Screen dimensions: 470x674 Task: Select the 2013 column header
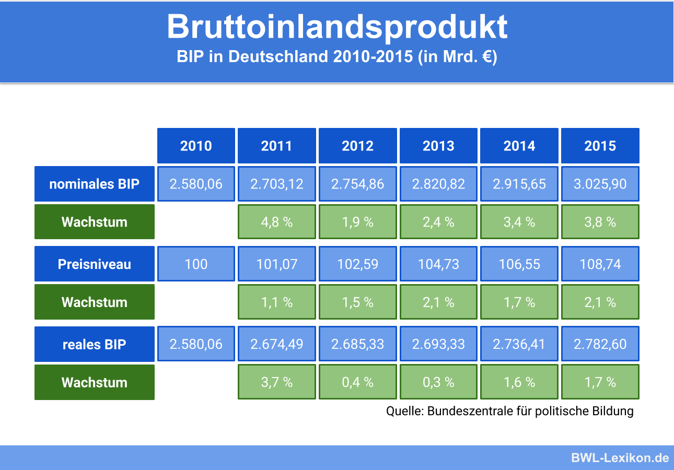coord(438,146)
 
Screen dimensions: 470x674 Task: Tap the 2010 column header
coord(196,146)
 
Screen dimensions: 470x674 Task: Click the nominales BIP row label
coord(95,184)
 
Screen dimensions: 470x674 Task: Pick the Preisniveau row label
coord(95,264)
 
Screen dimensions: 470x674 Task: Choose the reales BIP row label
coord(95,344)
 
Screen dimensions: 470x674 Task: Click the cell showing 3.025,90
coord(600,184)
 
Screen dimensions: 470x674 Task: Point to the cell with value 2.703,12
coord(277,184)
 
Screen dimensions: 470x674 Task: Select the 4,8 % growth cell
coord(277,222)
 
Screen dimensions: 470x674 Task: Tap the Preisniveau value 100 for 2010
coord(196,264)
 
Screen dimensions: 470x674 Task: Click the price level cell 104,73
coord(438,264)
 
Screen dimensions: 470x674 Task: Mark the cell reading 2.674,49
coord(277,344)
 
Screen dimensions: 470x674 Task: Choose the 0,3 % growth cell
coord(438,382)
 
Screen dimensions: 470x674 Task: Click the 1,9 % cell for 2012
coord(358,222)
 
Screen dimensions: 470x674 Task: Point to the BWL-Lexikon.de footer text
coord(620,458)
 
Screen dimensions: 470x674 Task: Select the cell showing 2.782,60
coord(600,344)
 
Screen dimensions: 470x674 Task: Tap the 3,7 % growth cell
coord(277,382)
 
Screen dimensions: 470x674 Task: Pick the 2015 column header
coord(600,146)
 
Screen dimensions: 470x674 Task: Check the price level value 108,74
coord(600,264)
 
